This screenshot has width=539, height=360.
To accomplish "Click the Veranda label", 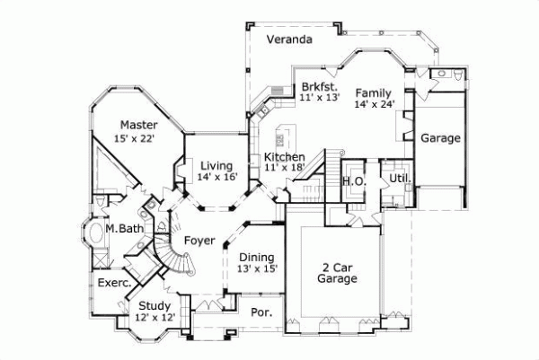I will click(287, 40).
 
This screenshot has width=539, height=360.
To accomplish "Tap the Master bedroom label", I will click(140, 124).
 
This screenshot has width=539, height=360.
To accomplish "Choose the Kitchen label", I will click(283, 157).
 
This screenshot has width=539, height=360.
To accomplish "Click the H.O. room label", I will click(351, 180).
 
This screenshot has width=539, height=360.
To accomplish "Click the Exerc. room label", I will click(114, 282).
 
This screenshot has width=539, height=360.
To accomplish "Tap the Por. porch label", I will click(264, 314).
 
